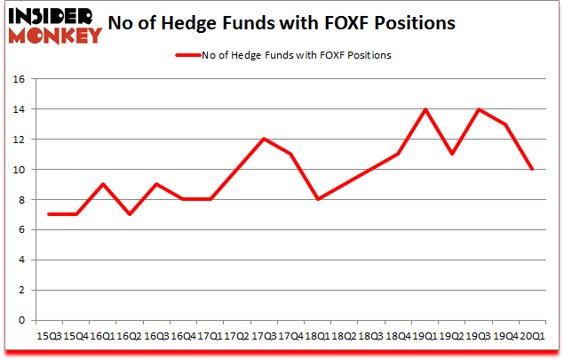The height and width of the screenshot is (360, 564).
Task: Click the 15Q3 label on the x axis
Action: click(x=49, y=337)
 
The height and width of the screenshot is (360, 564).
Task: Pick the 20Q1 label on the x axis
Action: click(x=532, y=337)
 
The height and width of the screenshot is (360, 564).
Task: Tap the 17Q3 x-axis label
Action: click(x=264, y=337)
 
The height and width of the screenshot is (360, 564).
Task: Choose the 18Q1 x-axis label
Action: click(x=318, y=337)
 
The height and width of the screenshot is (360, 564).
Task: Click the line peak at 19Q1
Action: click(x=425, y=109)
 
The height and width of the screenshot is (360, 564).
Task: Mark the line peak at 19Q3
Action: click(x=479, y=109)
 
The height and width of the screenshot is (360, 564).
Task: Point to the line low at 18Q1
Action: click(x=318, y=199)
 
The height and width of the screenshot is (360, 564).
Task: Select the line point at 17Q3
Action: click(x=264, y=139)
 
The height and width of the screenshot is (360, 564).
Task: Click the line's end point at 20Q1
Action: click(x=532, y=169)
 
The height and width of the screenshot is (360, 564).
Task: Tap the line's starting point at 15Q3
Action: click(x=49, y=214)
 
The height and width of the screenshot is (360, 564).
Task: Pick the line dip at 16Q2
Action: click(x=130, y=214)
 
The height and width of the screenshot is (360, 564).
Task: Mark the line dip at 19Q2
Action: click(x=451, y=154)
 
